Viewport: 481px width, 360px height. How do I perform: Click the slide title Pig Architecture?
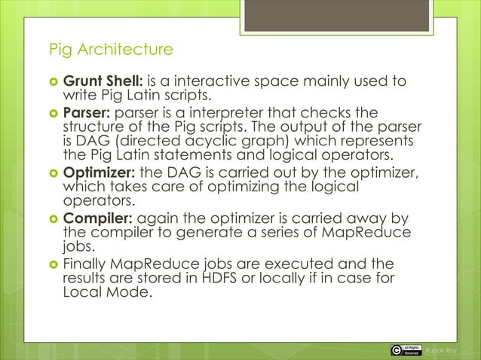click(x=110, y=50)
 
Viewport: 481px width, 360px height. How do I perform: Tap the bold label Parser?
click(x=87, y=113)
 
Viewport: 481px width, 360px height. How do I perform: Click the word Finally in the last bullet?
click(x=84, y=264)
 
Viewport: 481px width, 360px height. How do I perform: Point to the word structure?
click(x=90, y=127)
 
